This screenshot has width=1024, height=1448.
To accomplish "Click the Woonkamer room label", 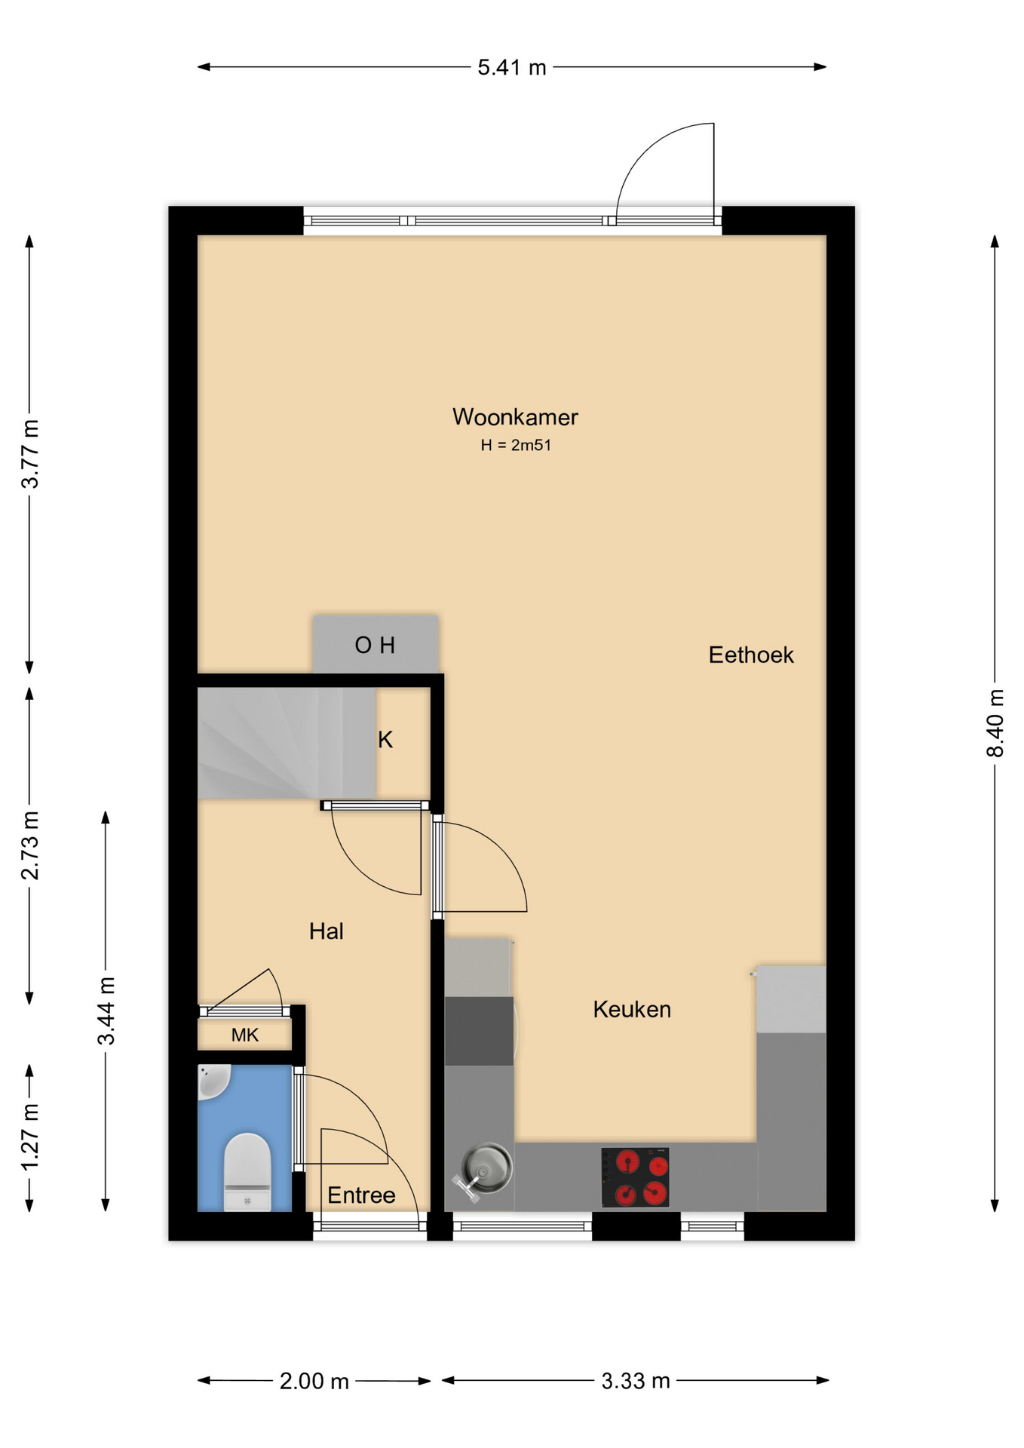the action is pyautogui.click(x=515, y=416).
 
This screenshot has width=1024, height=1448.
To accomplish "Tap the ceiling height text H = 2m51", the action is pyautogui.click(x=516, y=445).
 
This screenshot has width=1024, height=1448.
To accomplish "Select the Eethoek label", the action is pyautogui.click(x=751, y=655).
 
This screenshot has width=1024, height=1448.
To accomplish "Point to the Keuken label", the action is pyautogui.click(x=632, y=1009).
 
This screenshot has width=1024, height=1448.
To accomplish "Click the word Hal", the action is pyautogui.click(x=327, y=931).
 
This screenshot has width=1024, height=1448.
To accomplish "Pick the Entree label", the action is pyautogui.click(x=361, y=1195).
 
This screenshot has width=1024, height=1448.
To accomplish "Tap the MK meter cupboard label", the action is pyautogui.click(x=245, y=1035).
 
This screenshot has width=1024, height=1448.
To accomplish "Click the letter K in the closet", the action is pyautogui.click(x=385, y=740).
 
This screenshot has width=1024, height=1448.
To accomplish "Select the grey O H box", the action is pyautogui.click(x=376, y=643).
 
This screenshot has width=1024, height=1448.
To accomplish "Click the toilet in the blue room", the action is pyautogui.click(x=247, y=1171).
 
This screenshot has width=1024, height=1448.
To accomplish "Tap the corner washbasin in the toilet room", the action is pyautogui.click(x=213, y=1081).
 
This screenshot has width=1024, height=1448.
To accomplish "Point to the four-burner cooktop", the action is pyautogui.click(x=635, y=1176).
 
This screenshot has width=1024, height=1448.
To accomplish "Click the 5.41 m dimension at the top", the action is pyautogui.click(x=512, y=67).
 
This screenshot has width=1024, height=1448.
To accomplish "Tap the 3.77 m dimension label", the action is pyautogui.click(x=29, y=454).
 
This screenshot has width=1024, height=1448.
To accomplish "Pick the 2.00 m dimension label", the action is pyautogui.click(x=314, y=1381).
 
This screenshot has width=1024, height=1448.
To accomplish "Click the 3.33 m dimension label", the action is pyautogui.click(x=636, y=1381).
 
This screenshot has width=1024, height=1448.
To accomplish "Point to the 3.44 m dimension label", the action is pyautogui.click(x=106, y=1011).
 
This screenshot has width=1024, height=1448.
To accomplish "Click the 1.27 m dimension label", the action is pyautogui.click(x=29, y=1137).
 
